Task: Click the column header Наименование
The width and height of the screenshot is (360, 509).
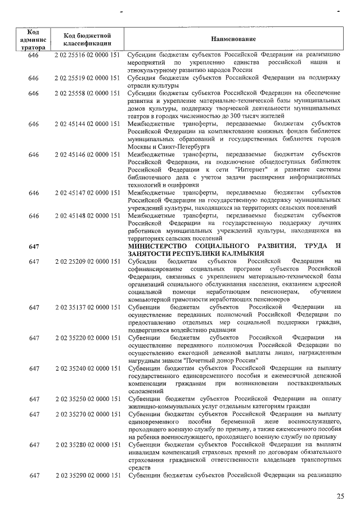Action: click(233, 39)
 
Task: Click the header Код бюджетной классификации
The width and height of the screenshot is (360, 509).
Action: click(89, 39)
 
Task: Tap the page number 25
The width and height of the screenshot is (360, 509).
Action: click(340, 496)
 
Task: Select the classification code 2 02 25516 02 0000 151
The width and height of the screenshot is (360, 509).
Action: click(89, 55)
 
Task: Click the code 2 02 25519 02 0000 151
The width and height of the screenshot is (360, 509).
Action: click(89, 78)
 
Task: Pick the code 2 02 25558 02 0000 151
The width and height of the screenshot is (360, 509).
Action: click(89, 93)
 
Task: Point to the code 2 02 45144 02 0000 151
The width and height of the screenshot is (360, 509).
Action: click(89, 123)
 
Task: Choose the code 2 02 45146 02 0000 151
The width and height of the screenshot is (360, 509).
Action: click(89, 154)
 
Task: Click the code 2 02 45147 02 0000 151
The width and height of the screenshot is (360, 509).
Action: click(89, 192)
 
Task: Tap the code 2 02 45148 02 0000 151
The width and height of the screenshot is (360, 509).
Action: click(89, 215)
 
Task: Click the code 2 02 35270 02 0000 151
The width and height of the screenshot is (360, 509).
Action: click(89, 415)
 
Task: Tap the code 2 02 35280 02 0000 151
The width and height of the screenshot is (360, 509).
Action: click(89, 445)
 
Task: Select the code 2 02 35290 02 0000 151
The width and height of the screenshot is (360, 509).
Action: click(89, 476)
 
